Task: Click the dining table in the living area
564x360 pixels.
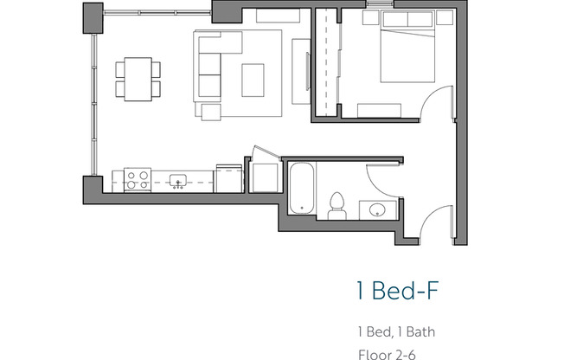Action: tap(138, 78)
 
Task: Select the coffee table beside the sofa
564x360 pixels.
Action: tap(253, 80)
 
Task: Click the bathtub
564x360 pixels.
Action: tap(299, 188)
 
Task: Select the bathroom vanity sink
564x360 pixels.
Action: tap(378, 210)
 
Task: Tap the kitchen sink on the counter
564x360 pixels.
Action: tap(179, 181)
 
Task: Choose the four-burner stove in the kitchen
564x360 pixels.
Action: tap(138, 180)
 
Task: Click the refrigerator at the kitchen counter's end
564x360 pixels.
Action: tap(228, 177)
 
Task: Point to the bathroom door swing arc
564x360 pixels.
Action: tap(379, 175)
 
